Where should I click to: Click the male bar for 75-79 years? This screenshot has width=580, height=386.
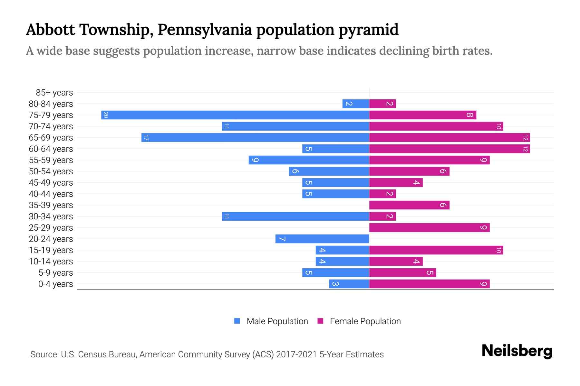pyautogui.click(x=235, y=115)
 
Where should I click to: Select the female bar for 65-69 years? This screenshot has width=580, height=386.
pyautogui.click(x=449, y=138)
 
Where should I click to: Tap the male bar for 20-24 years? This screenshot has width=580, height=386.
pyautogui.click(x=322, y=239)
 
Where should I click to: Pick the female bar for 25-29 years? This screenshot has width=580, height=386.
pyautogui.click(x=429, y=227)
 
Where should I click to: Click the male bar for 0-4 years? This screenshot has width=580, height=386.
pyautogui.click(x=349, y=284)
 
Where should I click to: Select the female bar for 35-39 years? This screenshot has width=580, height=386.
pyautogui.click(x=409, y=205)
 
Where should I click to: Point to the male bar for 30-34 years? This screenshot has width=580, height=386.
pyautogui.click(x=295, y=216)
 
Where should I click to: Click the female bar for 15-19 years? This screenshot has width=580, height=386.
pyautogui.click(x=436, y=250)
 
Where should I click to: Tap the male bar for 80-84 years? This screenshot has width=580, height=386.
pyautogui.click(x=356, y=104)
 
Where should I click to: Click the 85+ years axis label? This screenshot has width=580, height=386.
pyautogui.click(x=54, y=93)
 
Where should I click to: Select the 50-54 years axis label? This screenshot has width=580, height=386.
pyautogui.click(x=51, y=171)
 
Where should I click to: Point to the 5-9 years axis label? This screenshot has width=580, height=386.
pyautogui.click(x=55, y=273)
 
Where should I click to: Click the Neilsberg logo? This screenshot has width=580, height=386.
pyautogui.click(x=517, y=351)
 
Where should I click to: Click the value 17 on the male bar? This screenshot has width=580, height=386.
pyautogui.click(x=146, y=138)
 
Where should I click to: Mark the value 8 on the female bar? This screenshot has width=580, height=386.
pyautogui.click(x=470, y=115)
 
